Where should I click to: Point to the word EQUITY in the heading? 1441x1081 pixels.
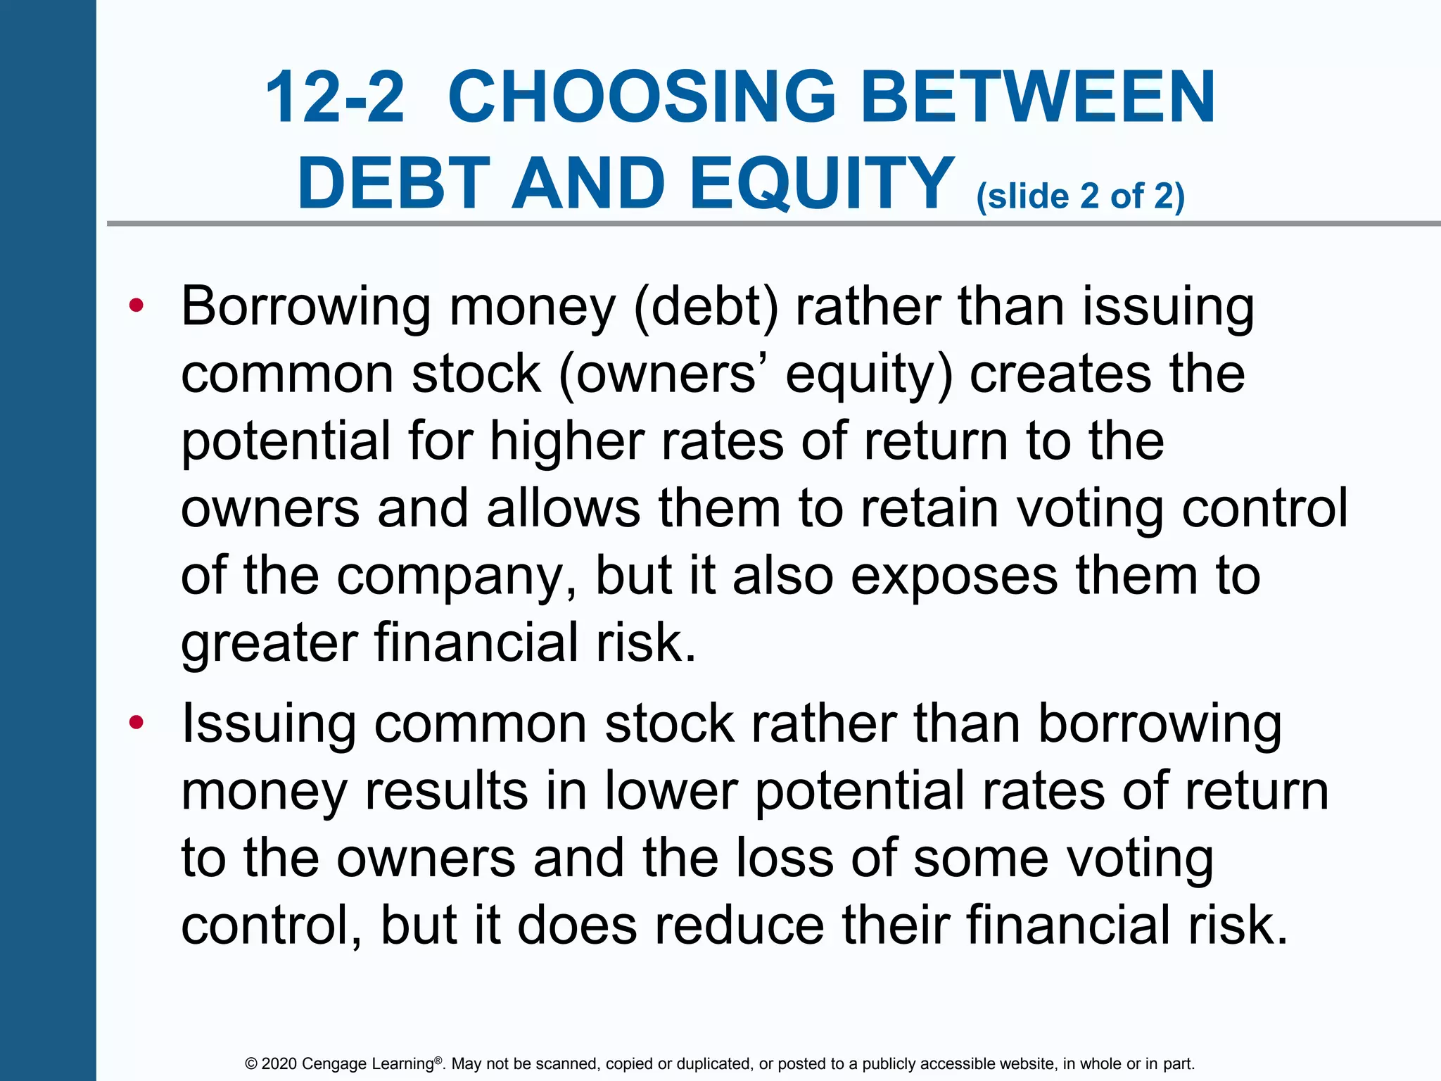(822, 184)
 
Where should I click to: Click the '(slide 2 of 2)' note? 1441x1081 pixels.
(1080, 196)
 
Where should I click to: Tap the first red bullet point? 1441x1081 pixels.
(137, 305)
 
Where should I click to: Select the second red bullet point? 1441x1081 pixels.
(137, 723)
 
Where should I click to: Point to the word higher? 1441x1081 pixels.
(566, 441)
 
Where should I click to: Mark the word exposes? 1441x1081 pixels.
(954, 575)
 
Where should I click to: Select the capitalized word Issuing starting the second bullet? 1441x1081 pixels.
(268, 725)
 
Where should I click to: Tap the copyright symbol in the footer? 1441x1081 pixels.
(250, 1064)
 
